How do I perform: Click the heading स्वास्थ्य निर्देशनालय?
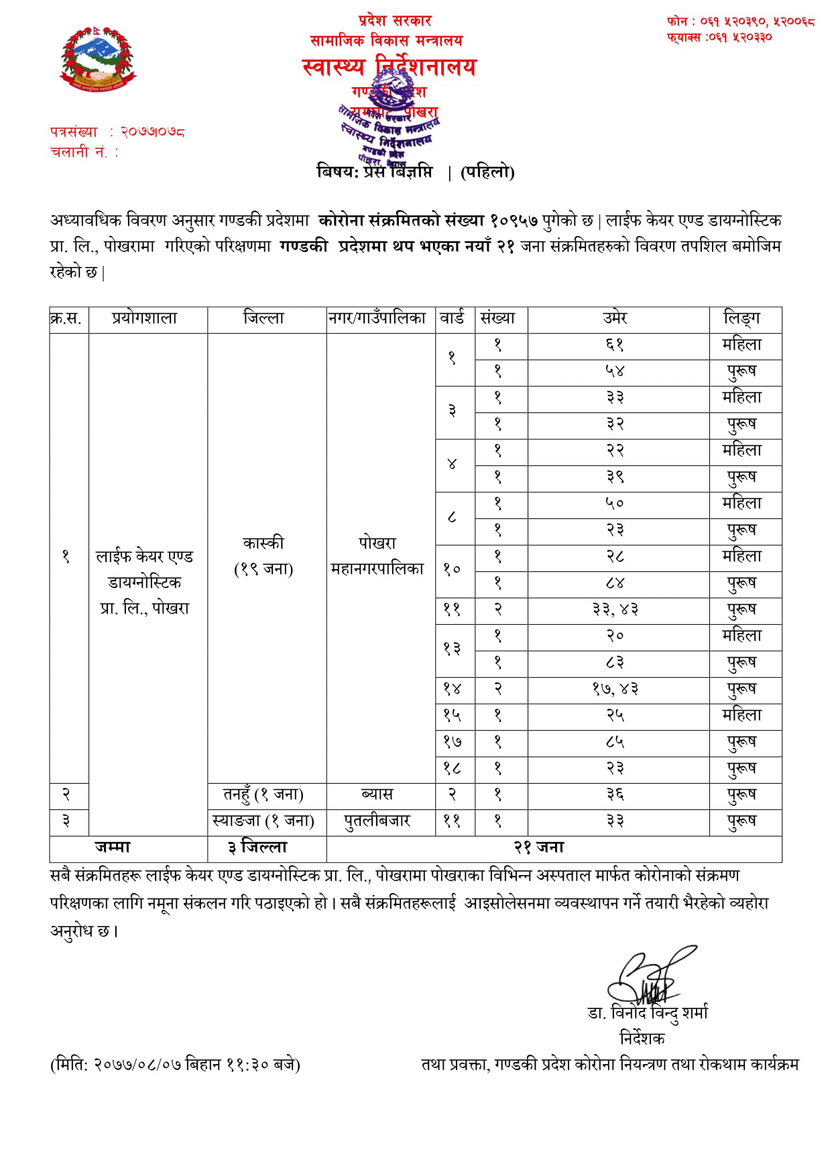[x=389, y=68]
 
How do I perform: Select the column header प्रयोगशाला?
[x=145, y=318]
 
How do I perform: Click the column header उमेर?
[x=615, y=318]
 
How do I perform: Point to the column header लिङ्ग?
[x=742, y=318]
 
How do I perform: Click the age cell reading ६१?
[x=615, y=345]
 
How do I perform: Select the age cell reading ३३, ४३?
[x=615, y=609]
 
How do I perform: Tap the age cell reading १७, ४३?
[x=615, y=689]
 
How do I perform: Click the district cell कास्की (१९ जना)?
[x=263, y=556]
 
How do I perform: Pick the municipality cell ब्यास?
[x=377, y=795]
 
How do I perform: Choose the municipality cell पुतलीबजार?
[x=377, y=821]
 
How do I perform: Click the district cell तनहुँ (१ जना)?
[x=263, y=795]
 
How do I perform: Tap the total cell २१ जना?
[x=539, y=847]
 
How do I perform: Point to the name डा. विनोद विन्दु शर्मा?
[x=648, y=1013]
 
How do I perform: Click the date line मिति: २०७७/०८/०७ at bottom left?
[x=175, y=1064]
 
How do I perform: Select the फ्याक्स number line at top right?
[x=719, y=37]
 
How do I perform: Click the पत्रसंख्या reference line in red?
[x=117, y=132]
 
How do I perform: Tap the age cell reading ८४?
[x=615, y=583]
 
